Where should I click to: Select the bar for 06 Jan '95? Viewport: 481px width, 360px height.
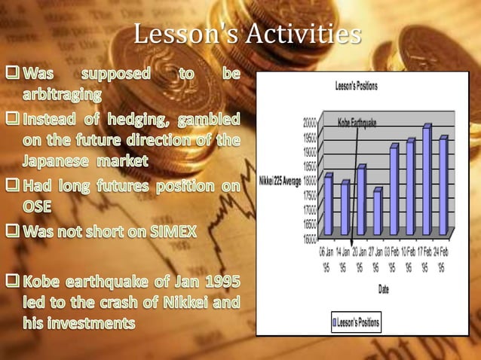point(329,203)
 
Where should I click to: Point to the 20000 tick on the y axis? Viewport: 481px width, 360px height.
point(310,120)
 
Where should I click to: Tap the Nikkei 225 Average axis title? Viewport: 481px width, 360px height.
point(279,180)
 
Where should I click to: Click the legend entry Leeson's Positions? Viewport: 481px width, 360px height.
point(357,323)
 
